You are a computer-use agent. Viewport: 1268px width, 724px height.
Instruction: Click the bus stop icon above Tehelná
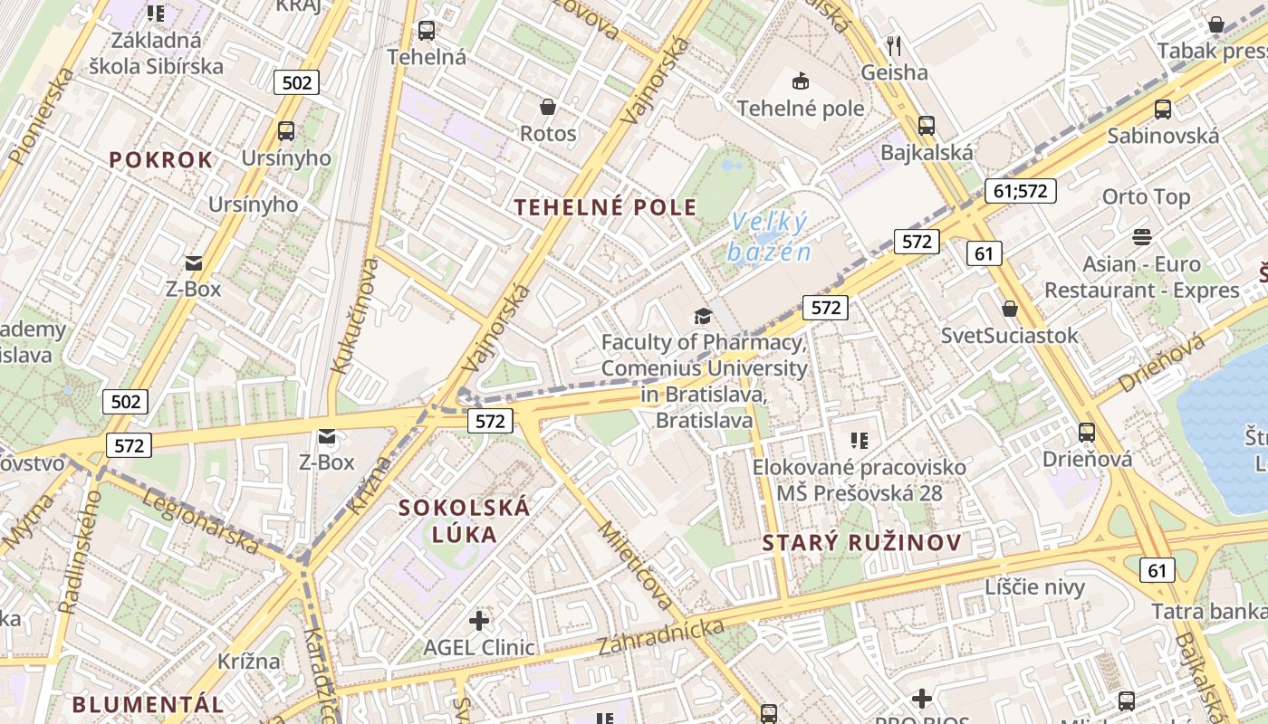point(427,31)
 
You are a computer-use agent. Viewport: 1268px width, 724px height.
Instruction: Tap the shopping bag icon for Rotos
point(548,108)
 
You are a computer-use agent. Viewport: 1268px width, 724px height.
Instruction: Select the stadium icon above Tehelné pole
point(801,81)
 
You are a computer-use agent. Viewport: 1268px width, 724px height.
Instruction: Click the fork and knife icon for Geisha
point(894,45)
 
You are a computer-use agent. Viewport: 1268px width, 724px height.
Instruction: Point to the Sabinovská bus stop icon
point(1163,110)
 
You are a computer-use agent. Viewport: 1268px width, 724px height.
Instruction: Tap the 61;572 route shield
point(1020,191)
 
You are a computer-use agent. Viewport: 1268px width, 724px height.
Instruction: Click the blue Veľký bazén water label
point(769,236)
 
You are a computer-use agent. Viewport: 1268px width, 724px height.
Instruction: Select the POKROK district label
point(161,160)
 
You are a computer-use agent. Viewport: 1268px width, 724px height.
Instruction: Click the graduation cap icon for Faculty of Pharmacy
point(703,316)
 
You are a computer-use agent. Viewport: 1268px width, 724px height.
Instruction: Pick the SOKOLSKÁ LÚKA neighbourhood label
point(465,520)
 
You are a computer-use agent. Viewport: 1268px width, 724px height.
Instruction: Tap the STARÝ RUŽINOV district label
point(861,543)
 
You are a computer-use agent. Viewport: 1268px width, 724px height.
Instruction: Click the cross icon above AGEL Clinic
point(479,621)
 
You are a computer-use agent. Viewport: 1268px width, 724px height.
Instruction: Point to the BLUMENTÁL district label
point(149,704)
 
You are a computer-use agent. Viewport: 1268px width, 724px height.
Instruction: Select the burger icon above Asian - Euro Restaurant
point(1141,237)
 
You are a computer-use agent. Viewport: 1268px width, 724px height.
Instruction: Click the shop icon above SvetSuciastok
point(1010,309)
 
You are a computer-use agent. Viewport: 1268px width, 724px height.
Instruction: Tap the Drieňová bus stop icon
point(1087,433)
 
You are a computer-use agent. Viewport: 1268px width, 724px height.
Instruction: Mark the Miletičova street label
point(636,567)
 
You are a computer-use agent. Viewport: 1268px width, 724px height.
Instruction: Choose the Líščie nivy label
point(1034,587)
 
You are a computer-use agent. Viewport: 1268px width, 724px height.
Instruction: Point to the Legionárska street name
point(201,523)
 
